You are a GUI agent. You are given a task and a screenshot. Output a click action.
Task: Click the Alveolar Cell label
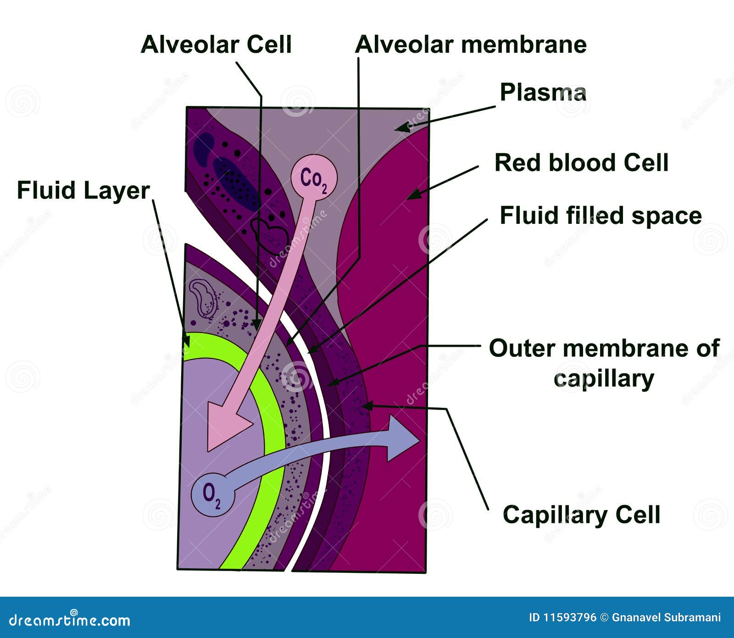(x=216, y=44)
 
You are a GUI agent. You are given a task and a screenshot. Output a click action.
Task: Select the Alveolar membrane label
(x=471, y=44)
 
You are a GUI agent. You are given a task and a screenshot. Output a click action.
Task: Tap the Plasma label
(x=543, y=92)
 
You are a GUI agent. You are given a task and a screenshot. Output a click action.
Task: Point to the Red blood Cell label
(x=581, y=162)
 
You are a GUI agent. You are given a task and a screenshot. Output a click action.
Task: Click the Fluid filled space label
(x=601, y=215)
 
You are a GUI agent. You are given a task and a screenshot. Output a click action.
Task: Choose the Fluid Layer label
(x=83, y=190)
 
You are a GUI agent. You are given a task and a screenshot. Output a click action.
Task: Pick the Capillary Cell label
(x=581, y=514)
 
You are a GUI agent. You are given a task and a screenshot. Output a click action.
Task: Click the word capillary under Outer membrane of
(x=604, y=379)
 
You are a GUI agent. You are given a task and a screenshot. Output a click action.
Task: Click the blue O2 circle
(x=213, y=494)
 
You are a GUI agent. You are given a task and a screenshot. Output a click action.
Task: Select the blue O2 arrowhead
(x=401, y=438)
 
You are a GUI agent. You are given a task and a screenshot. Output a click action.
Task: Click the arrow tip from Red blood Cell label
(x=409, y=198)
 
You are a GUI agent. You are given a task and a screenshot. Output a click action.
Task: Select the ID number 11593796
(x=562, y=617)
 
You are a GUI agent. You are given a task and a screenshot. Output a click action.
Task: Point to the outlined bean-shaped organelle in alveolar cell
(x=203, y=298)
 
